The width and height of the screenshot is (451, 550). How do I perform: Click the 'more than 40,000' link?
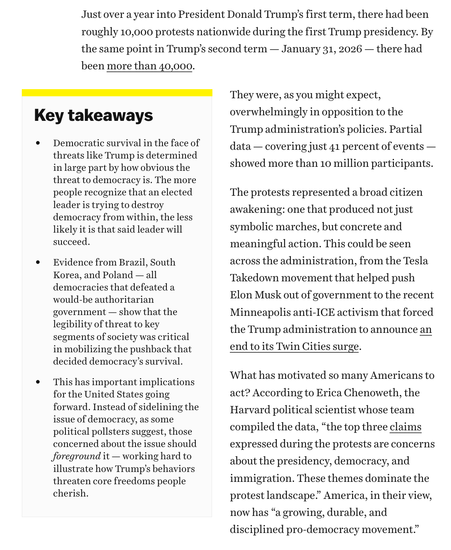tap(149, 66)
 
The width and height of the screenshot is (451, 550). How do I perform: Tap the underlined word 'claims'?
tap(405, 427)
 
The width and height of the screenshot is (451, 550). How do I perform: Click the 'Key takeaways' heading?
tap(94, 115)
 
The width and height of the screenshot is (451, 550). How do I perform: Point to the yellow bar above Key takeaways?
tap(117, 93)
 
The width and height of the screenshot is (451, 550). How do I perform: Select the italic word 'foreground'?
tap(77, 456)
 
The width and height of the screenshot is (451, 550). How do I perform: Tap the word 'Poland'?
tap(118, 275)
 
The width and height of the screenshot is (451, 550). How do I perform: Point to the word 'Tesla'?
tap(416, 261)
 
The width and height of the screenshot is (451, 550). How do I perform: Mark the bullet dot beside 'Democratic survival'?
tap(38, 143)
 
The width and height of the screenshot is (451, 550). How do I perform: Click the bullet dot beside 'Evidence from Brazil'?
tap(38, 262)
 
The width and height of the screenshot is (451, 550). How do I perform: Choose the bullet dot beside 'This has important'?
tap(38, 382)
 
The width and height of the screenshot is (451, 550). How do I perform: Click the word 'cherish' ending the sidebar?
tap(70, 493)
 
